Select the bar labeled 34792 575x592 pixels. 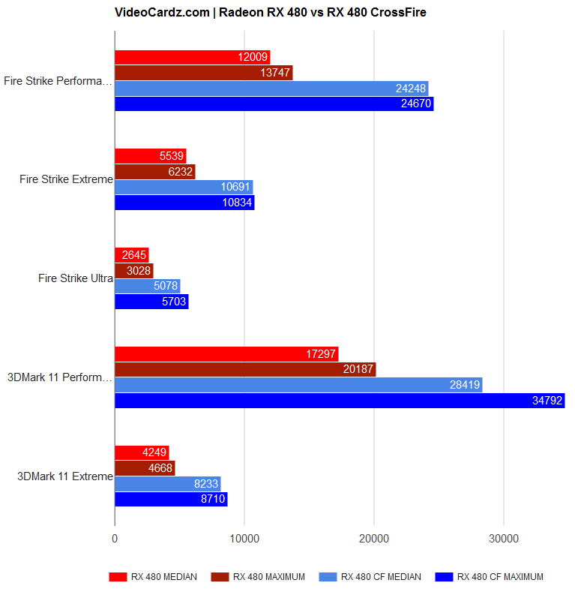339,401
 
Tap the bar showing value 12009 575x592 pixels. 192,57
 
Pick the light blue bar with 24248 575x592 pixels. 271,89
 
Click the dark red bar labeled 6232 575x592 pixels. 154,172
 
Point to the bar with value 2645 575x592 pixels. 131,255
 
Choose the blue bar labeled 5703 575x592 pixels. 151,302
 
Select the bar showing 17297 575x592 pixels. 226,354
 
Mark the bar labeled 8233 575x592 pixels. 167,484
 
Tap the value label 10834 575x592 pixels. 238,203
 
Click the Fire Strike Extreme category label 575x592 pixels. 66,179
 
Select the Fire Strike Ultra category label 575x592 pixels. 75,278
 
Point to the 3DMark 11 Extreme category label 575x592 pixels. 64,476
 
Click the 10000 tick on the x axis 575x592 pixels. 244,538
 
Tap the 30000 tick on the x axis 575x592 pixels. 504,538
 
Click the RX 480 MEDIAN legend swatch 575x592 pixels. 118,577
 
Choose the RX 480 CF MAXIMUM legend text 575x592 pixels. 500,577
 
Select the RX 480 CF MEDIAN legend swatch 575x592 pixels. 328,577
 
